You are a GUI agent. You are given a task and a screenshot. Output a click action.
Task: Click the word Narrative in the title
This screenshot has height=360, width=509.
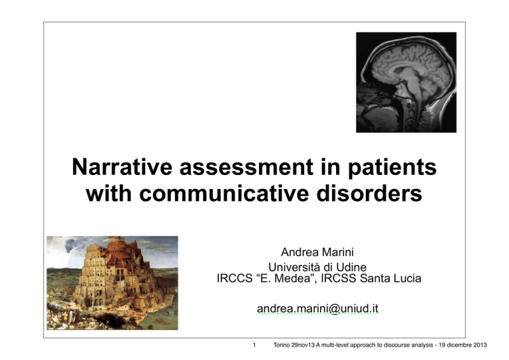(x=122, y=167)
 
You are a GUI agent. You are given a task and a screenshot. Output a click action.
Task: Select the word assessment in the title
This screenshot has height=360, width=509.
(x=247, y=167)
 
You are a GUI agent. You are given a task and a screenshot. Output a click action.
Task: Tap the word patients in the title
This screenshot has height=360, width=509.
(x=392, y=168)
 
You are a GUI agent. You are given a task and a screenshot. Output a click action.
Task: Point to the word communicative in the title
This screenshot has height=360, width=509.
(x=224, y=194)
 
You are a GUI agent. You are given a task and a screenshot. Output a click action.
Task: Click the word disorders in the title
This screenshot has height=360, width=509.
(x=369, y=194)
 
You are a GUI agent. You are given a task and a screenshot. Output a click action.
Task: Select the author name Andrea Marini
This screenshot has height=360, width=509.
(x=317, y=252)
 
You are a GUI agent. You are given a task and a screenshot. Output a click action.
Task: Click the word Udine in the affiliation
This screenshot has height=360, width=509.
(x=351, y=267)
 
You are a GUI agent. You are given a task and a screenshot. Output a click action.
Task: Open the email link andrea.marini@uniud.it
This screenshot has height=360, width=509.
(x=317, y=308)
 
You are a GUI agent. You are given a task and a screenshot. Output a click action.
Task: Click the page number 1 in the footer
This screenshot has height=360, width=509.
(x=254, y=345)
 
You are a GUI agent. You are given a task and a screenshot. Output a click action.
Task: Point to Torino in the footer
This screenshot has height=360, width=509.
(x=282, y=345)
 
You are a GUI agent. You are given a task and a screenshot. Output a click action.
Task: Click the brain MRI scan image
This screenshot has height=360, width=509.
(x=406, y=82)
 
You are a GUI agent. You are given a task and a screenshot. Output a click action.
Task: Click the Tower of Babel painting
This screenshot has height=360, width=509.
(x=112, y=282)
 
